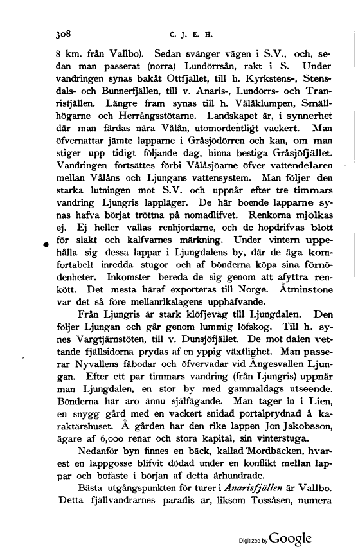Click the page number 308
tap(65, 30)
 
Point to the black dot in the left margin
tap(46, 245)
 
